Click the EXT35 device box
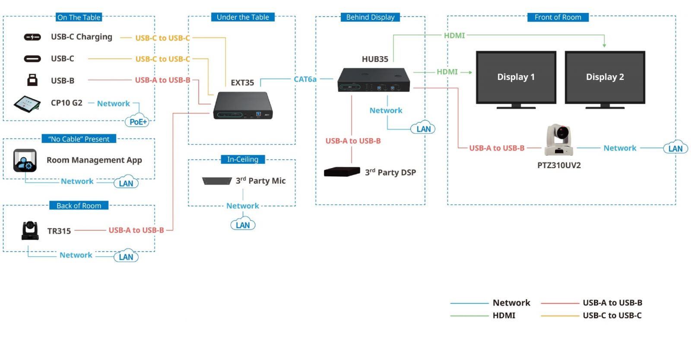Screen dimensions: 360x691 tap(243, 105)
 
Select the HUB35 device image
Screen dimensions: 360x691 tap(374, 80)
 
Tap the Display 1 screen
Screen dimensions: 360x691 tap(516, 77)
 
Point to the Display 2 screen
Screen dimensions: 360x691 tap(605, 77)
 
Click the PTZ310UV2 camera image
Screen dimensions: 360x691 tap(558, 140)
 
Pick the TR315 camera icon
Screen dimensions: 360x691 tap(30, 230)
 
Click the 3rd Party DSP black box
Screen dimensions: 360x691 tap(342, 172)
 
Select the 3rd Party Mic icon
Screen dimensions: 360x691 tap(217, 181)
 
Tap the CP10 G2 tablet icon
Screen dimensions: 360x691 tap(27, 104)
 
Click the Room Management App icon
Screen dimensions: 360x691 tap(25, 160)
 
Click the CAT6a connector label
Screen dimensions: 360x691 tap(305, 79)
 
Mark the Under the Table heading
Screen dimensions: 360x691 tap(243, 17)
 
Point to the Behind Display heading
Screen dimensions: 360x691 tap(370, 17)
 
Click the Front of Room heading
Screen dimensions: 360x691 tap(558, 17)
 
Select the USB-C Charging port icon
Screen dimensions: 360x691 tap(32, 37)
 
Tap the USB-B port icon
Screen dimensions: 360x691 tap(32, 80)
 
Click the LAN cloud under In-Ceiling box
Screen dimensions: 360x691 tap(243, 225)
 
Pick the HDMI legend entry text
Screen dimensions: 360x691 tap(504, 315)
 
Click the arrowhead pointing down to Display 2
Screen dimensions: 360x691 tap(604, 45)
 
